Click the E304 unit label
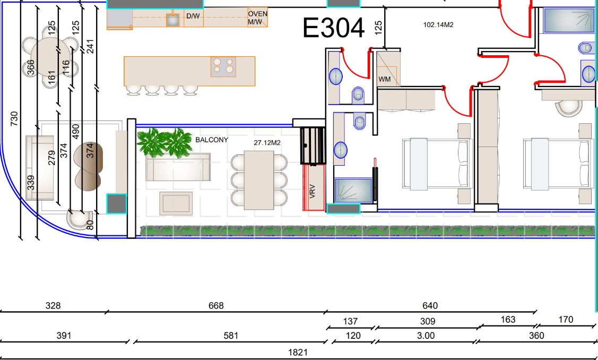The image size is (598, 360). click(x=333, y=28)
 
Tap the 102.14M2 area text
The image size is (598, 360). click(x=438, y=25)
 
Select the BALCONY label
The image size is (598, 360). click(x=212, y=140)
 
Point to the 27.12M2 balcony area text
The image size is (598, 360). click(x=267, y=143)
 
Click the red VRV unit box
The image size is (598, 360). click(x=314, y=187)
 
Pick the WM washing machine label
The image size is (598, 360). click(x=384, y=80)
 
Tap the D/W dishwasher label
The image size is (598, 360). click(x=193, y=16)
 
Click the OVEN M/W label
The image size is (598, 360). click(x=257, y=18)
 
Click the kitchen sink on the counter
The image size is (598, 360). click(x=173, y=20)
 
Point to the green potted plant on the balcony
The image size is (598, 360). click(x=164, y=142)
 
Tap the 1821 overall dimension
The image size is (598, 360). click(x=298, y=352)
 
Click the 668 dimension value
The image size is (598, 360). click(x=216, y=306)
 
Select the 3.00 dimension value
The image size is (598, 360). click(x=426, y=336)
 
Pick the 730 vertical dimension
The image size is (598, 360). click(x=14, y=119)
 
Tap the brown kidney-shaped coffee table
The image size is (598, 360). click(x=89, y=166)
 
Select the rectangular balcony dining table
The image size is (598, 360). click(x=258, y=180)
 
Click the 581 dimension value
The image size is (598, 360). click(x=231, y=336)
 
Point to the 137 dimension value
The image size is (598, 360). click(x=350, y=321)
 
